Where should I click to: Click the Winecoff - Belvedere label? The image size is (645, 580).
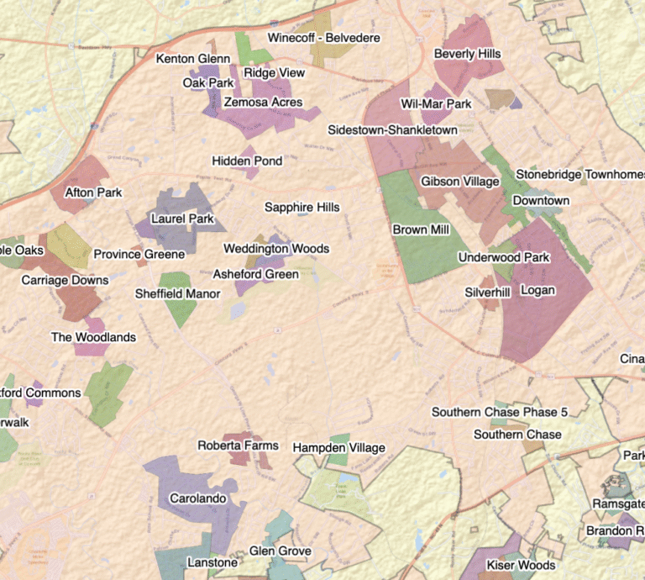tap(323, 38)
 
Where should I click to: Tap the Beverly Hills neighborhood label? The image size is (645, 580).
tap(467, 54)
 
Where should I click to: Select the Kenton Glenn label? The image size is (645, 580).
tap(193, 59)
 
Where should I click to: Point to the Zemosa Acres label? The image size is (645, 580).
tap(262, 103)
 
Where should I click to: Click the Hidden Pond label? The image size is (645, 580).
tap(247, 161)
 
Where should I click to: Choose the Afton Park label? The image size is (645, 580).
tap(93, 192)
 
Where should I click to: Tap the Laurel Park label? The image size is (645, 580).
tap(183, 219)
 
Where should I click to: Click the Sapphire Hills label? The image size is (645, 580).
tap(302, 207)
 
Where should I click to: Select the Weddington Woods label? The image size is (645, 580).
tap(275, 249)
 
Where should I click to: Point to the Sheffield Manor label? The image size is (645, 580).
tap(178, 294)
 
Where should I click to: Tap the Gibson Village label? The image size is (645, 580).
tap(459, 182)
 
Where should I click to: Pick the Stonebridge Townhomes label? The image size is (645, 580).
tap(579, 174)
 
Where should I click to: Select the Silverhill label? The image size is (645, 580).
tap(487, 292)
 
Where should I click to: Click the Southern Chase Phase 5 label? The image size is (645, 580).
tap(500, 413)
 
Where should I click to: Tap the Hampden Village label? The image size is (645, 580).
tap(338, 448)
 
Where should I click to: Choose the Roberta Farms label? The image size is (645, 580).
tap(238, 445)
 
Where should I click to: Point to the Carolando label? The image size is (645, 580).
tap(198, 498)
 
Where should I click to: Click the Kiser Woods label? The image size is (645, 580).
tap(521, 565)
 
